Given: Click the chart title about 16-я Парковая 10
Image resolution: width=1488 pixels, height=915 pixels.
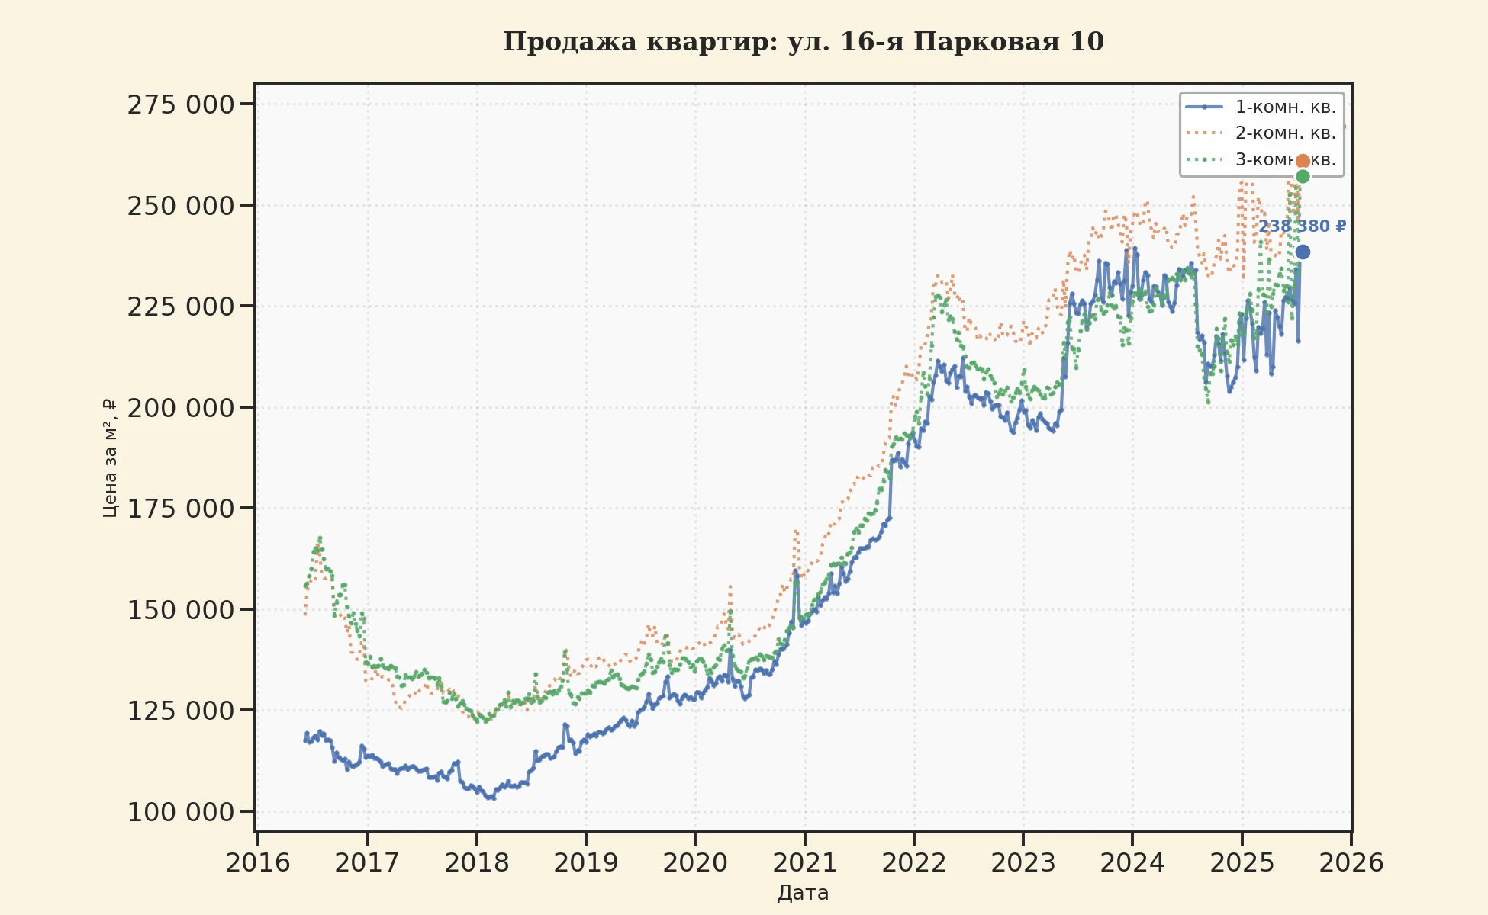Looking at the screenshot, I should (x=803, y=42).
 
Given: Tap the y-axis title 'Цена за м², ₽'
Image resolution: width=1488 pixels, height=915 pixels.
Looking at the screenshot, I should (x=111, y=457).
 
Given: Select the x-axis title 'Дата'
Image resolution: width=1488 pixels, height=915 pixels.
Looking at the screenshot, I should (x=803, y=893).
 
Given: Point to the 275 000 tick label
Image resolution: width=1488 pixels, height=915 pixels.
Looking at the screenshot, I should (x=181, y=104).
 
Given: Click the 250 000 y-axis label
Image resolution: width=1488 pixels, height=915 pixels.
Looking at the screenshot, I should (x=181, y=206).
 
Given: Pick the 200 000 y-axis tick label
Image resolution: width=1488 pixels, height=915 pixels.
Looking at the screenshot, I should (x=181, y=408).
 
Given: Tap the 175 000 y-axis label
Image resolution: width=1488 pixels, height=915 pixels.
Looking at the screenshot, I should (x=181, y=509).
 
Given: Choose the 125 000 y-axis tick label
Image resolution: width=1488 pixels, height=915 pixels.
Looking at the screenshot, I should (x=181, y=711).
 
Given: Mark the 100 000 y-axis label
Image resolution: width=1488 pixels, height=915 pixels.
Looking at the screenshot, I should (x=181, y=812).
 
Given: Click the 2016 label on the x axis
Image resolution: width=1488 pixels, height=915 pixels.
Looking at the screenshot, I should (x=258, y=863).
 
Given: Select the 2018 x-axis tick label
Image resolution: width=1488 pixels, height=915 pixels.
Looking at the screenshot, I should (x=476, y=863).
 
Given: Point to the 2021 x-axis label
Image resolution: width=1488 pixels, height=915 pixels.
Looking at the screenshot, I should (x=804, y=863).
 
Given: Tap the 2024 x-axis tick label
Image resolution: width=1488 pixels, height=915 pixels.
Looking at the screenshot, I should (x=1132, y=863).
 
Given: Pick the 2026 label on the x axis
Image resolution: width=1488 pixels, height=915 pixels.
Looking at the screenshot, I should (x=1351, y=863).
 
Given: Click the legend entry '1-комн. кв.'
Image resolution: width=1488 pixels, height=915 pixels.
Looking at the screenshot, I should (x=1285, y=107).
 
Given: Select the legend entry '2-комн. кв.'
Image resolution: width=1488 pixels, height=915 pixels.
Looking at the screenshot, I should (x=1285, y=133).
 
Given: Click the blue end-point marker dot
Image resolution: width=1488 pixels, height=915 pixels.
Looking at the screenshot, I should (x=1303, y=252).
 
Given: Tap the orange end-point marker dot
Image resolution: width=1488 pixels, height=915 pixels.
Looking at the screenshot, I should (x=1303, y=161).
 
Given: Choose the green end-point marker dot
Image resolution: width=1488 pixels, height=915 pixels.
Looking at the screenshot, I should (x=1303, y=177).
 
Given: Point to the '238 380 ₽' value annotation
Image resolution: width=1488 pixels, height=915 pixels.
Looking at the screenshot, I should (x=1302, y=226).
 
